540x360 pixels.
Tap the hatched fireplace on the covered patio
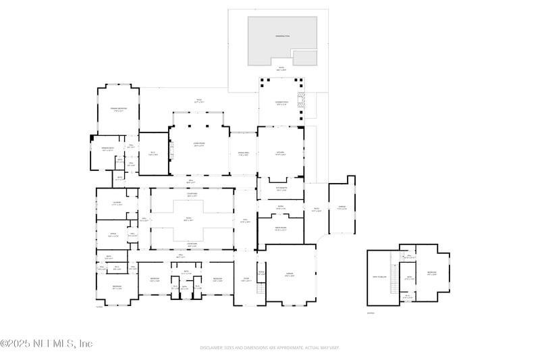coord(302,102)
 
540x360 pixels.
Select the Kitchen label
coord(280,153)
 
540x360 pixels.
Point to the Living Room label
coord(198,145)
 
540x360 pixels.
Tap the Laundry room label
coord(116,203)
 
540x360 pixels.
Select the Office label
coord(113,235)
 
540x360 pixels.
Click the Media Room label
coord(281,229)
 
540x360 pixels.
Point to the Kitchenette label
coord(281,189)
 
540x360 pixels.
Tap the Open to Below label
coord(379,277)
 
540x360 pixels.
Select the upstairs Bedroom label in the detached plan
coord(432,274)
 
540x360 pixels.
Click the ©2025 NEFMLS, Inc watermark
coord(46,344)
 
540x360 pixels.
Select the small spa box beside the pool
coord(304,57)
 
